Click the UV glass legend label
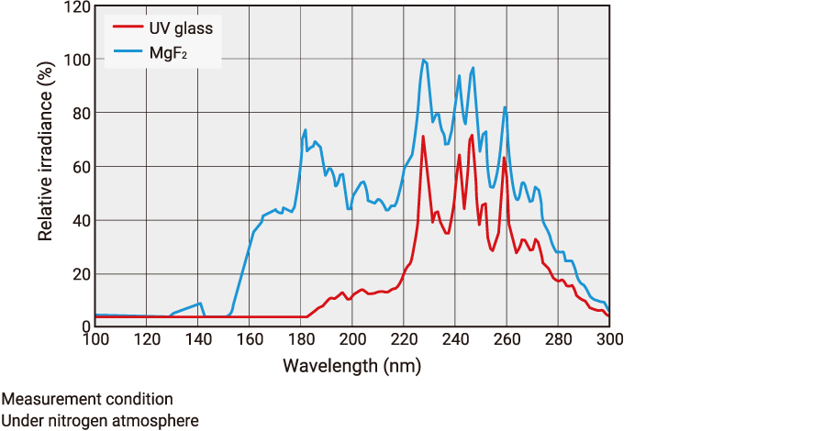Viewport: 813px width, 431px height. [181, 28]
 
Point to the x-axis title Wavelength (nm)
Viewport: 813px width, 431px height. [352, 366]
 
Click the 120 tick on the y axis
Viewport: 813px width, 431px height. [77, 7]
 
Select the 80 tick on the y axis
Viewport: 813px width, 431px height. [81, 114]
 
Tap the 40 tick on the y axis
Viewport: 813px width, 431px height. [81, 221]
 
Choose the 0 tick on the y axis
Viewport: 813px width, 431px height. [85, 326]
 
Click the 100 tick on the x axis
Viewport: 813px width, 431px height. [95, 339]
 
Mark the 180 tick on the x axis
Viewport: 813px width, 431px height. [301, 339]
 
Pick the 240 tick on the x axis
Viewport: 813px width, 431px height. [455, 339]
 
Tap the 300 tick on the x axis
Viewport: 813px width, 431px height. [609, 339]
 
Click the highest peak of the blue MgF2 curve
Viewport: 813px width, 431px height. [423, 61]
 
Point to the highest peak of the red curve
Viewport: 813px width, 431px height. [472, 136]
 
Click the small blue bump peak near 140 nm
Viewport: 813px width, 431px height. [199, 304]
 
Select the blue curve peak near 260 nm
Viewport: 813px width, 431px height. [505, 107]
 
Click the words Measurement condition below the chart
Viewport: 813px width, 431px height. [86, 400]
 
